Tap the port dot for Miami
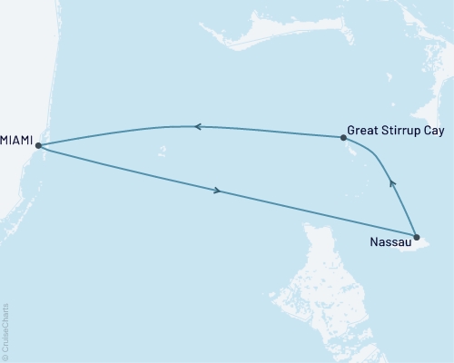coord(38,144)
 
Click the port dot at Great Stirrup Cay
coord(342,138)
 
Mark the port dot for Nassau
coord(416,238)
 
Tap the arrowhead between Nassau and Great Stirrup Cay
coord(392,183)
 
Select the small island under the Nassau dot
coord(427,243)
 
